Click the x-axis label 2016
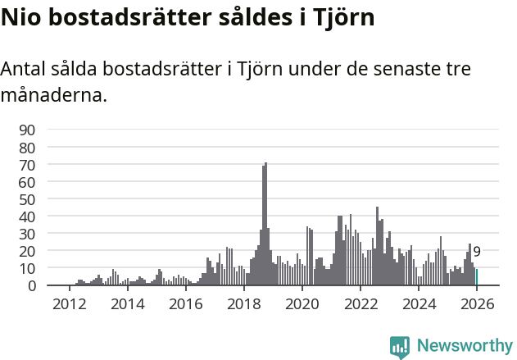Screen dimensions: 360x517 185,303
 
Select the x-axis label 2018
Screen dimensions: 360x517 243,303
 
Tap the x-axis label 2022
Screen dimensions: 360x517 361,303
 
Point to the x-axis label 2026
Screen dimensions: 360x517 477,303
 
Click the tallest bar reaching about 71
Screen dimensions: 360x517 265,224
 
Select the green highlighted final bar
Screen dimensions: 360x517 477,277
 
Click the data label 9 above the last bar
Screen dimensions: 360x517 477,252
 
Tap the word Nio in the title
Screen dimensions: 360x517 20,18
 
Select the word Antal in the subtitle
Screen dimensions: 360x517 24,70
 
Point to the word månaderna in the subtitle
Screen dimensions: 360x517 53,95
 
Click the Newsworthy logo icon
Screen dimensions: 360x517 400,346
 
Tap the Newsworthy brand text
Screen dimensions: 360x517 465,346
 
